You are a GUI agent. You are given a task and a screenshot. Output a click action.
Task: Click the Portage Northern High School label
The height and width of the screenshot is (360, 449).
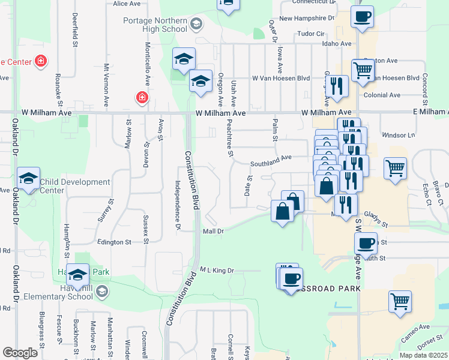click(x=155, y=25)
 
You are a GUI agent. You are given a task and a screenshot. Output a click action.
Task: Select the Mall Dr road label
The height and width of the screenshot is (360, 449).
click(x=213, y=231)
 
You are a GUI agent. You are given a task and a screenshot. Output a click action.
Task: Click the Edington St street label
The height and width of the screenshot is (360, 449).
click(x=114, y=242)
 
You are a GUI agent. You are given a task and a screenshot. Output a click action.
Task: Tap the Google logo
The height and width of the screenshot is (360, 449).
click(x=20, y=353)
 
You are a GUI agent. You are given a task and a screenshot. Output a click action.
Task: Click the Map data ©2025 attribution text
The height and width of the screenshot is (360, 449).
click(x=423, y=355)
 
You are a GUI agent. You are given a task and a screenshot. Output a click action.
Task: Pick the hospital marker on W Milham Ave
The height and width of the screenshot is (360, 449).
click(x=142, y=97)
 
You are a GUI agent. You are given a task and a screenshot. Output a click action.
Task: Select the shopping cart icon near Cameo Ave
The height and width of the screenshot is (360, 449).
click(x=400, y=301)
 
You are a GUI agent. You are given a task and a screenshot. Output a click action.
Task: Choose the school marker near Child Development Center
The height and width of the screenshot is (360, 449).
click(x=29, y=178)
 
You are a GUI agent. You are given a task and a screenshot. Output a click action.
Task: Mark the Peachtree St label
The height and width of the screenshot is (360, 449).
click(x=230, y=137)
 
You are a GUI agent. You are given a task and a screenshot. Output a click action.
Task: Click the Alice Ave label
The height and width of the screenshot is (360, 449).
click(x=126, y=4)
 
